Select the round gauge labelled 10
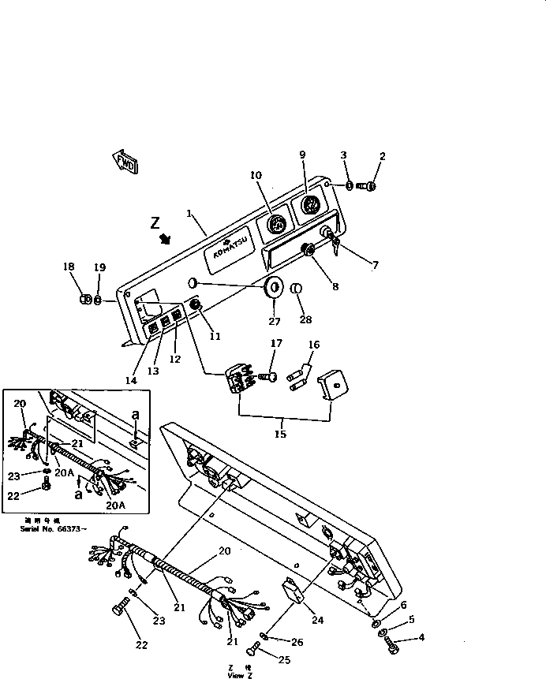click(x=275, y=225)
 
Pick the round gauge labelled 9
click(x=309, y=207)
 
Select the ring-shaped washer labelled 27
click(x=274, y=289)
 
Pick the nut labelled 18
click(x=85, y=300)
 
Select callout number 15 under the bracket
click(x=282, y=433)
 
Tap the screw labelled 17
click(x=269, y=378)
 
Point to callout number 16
click(x=313, y=345)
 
